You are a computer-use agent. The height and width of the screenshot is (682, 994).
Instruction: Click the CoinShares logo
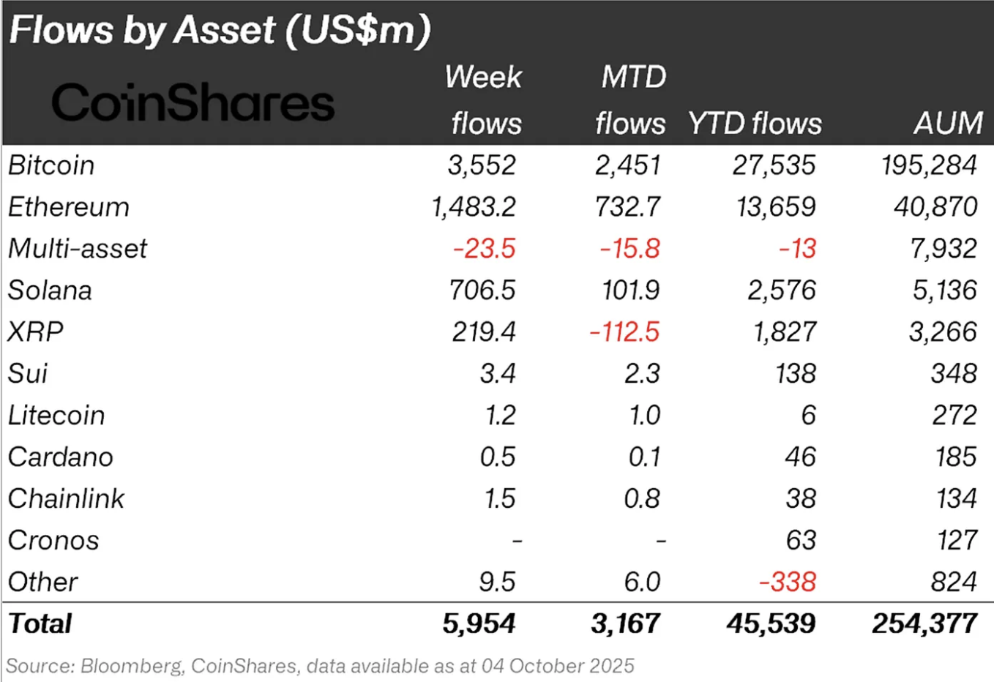coord(193,102)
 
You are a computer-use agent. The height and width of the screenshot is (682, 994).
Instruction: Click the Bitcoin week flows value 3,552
coord(482,165)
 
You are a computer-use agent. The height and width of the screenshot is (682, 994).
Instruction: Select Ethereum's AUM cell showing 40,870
coord(935,207)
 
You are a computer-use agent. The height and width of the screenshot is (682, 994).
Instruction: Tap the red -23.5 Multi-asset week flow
coord(484,249)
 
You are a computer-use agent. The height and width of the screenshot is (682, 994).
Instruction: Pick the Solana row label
coord(50,291)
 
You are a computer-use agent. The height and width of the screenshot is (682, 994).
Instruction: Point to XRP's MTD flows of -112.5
coord(624,332)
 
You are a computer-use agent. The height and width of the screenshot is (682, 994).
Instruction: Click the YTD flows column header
coord(755,124)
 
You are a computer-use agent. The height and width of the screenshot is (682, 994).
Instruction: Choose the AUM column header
coord(948,124)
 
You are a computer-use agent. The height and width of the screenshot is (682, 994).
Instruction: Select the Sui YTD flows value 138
coord(796,374)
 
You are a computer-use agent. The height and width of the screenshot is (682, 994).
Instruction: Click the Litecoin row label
coord(56,416)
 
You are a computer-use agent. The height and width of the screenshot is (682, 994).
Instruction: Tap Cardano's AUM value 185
coord(955,457)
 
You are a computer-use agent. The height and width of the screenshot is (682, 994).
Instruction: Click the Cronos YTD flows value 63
coord(801,541)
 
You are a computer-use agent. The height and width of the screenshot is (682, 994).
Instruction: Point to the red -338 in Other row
coord(788,582)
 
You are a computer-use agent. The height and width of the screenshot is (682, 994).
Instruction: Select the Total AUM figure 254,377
coord(924,624)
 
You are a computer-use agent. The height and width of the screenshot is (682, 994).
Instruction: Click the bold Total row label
coord(40,624)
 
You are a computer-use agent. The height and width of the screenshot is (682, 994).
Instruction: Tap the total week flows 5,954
coord(479,624)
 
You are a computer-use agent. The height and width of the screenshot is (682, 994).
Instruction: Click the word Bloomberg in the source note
coord(131,667)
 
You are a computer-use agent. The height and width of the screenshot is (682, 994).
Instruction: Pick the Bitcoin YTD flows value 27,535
coord(774,165)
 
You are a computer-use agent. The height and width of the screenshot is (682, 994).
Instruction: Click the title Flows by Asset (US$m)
coord(220,31)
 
